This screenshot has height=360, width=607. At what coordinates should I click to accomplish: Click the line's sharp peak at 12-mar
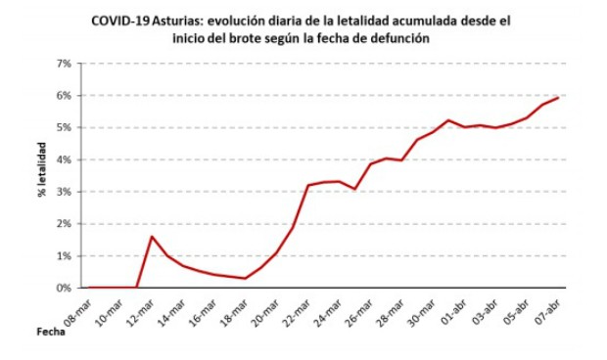[x=152, y=236]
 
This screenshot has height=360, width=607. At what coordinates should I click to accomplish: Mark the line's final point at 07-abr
[x=559, y=97]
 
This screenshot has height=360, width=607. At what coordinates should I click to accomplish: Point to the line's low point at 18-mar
[x=246, y=279]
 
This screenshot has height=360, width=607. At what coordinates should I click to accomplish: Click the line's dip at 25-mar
[x=355, y=189]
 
